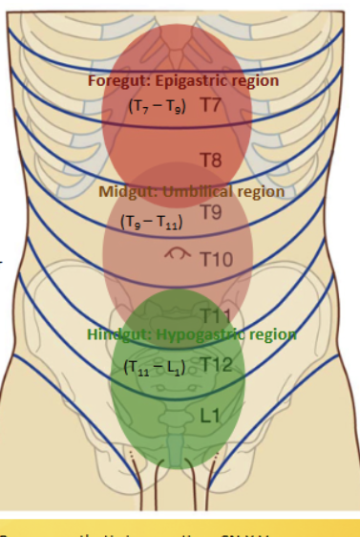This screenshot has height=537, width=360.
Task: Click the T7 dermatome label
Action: pos(211,104)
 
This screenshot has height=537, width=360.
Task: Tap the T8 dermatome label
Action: pos(211,159)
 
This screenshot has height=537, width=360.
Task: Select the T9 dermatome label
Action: pos(211,212)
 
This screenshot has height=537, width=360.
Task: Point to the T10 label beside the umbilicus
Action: pos(215,259)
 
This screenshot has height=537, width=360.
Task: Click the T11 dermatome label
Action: pos(215,314)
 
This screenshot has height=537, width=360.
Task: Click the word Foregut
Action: pos(116,81)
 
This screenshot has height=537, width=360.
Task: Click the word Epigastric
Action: pos(192,81)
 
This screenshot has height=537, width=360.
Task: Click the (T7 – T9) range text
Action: pos(157,106)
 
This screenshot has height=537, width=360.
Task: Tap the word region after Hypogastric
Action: pos(274,335)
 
